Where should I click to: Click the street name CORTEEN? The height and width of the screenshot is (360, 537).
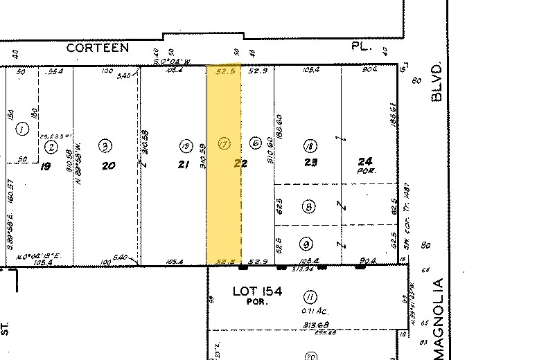coord(98,48)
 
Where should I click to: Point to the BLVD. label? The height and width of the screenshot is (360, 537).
coord(437,82)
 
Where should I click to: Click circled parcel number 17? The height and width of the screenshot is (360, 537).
coord(224,144)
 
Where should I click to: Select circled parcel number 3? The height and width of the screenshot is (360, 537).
coord(105,146)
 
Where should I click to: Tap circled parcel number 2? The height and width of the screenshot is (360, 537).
coord(51,146)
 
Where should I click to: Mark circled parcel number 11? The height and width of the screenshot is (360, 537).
coord(310,297)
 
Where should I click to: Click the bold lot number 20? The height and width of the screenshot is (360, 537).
coord(107,166)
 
